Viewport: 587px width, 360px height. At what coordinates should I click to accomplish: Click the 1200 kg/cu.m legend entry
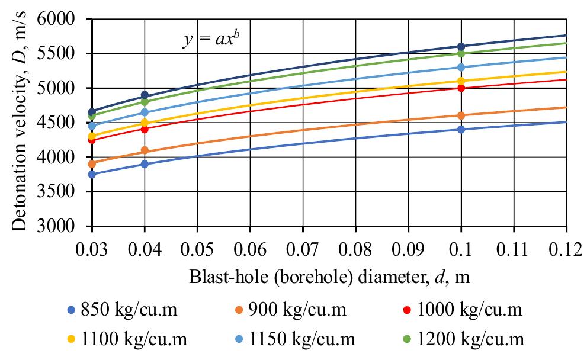471,339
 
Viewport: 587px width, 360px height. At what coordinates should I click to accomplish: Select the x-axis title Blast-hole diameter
329,277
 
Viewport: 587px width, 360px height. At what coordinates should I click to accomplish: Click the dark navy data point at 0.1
461,46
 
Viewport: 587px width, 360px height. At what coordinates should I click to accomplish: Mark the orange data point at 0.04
145,150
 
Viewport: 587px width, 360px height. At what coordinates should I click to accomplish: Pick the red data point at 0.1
461,88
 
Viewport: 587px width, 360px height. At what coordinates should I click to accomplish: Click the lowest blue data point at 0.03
92,174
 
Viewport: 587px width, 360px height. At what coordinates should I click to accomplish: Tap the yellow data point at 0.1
461,81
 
